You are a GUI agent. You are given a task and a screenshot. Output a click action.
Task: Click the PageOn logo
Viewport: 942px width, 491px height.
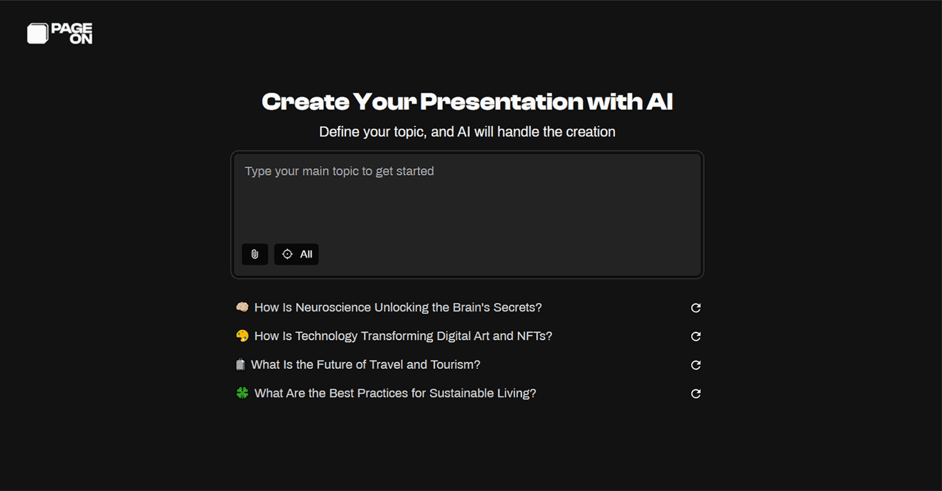click(x=60, y=34)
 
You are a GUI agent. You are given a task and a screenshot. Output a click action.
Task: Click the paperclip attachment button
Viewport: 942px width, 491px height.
click(x=255, y=254)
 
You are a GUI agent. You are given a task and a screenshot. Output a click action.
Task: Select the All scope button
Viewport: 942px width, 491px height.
click(x=296, y=254)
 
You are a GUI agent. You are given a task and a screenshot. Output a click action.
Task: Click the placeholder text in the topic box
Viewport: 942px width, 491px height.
click(x=339, y=171)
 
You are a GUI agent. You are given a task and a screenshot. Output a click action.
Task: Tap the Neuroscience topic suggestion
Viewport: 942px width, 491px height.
click(x=397, y=308)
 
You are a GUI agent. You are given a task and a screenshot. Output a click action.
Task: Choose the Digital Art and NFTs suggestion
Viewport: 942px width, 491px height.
click(x=403, y=336)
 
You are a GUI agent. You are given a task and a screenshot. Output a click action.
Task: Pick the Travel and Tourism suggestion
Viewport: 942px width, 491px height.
click(x=365, y=365)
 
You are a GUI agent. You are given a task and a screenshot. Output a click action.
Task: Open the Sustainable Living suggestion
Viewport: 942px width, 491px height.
click(x=395, y=394)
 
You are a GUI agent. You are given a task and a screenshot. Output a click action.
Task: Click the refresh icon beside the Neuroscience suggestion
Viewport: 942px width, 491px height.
click(x=696, y=308)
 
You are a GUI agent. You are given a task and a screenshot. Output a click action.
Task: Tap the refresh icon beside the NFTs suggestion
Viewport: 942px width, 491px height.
click(x=696, y=336)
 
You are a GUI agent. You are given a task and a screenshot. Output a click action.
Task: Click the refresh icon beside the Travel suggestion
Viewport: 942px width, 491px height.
click(x=696, y=365)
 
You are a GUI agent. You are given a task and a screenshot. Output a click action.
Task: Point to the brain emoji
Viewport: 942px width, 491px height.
click(x=242, y=308)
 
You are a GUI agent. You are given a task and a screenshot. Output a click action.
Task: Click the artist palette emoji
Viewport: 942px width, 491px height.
click(x=242, y=336)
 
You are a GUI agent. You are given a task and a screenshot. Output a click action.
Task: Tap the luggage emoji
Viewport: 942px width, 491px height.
click(x=241, y=364)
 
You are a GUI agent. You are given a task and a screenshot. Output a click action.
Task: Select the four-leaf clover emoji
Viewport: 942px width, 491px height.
click(x=242, y=393)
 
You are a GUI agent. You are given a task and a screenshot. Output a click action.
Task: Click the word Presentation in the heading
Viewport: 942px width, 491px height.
click(x=501, y=102)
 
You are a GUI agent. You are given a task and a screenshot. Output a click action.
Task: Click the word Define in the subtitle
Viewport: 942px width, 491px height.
click(x=337, y=132)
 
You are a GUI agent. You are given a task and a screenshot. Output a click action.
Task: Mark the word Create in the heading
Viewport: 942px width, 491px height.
click(x=305, y=102)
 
